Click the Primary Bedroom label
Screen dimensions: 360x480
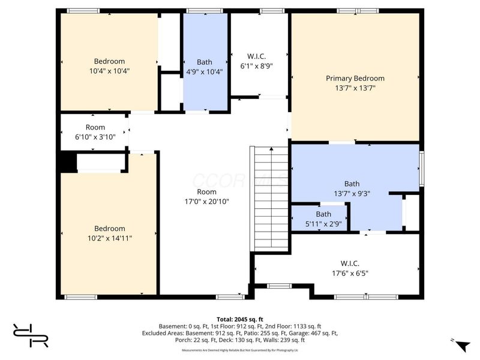pos(355,78)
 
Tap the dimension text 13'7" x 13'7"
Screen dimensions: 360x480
pos(355,88)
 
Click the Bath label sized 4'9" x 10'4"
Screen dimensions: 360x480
pos(205,62)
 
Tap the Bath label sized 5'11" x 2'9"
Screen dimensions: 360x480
pos(323,214)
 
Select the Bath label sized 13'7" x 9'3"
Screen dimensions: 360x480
pos(352,184)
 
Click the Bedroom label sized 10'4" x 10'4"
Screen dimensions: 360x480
pos(109,61)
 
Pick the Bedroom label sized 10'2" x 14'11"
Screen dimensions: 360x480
pos(110,228)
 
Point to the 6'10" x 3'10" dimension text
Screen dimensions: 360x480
pos(95,137)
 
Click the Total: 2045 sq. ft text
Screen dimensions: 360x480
pos(240,319)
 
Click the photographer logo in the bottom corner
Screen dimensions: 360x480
pos(31,335)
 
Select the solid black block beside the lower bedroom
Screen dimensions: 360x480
pos(67,162)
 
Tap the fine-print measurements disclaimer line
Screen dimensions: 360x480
pos(240,350)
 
